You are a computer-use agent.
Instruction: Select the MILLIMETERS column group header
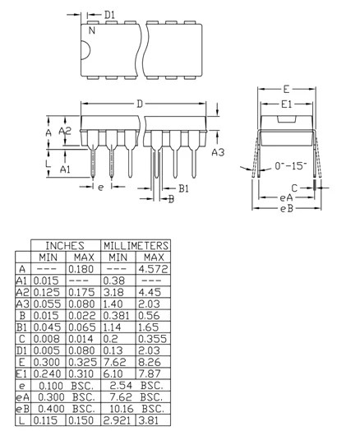pos(135,245)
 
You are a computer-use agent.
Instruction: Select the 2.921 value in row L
pos(118,420)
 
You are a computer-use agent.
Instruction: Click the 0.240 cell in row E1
pos(47,373)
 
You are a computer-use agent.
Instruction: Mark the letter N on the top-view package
pos(91,30)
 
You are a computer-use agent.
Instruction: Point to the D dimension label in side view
pos(141,104)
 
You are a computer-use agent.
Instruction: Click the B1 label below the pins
pos(184,189)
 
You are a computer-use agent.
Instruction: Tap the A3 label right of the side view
pos(218,152)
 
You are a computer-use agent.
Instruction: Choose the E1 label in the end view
pos(287,104)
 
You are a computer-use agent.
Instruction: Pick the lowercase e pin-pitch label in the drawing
pos(100,188)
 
